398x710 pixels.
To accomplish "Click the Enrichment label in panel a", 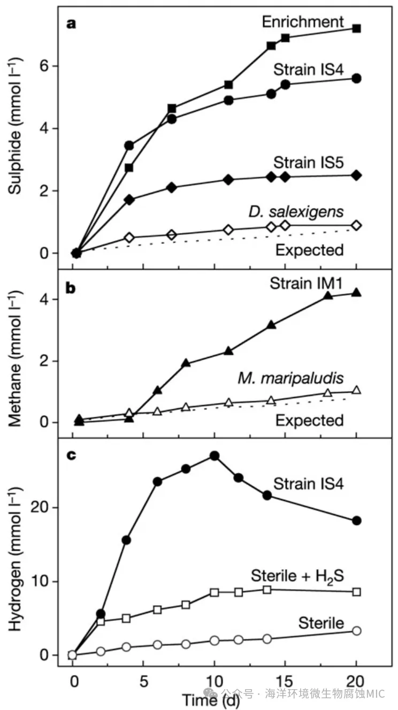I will click(303, 22).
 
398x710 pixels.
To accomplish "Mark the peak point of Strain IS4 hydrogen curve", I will click(214, 456).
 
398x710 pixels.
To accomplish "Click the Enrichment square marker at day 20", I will click(357, 28).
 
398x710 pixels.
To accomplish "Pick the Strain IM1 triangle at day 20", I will click(357, 293).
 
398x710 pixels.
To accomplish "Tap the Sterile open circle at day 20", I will click(357, 631).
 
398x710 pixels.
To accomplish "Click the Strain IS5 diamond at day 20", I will click(357, 175).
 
